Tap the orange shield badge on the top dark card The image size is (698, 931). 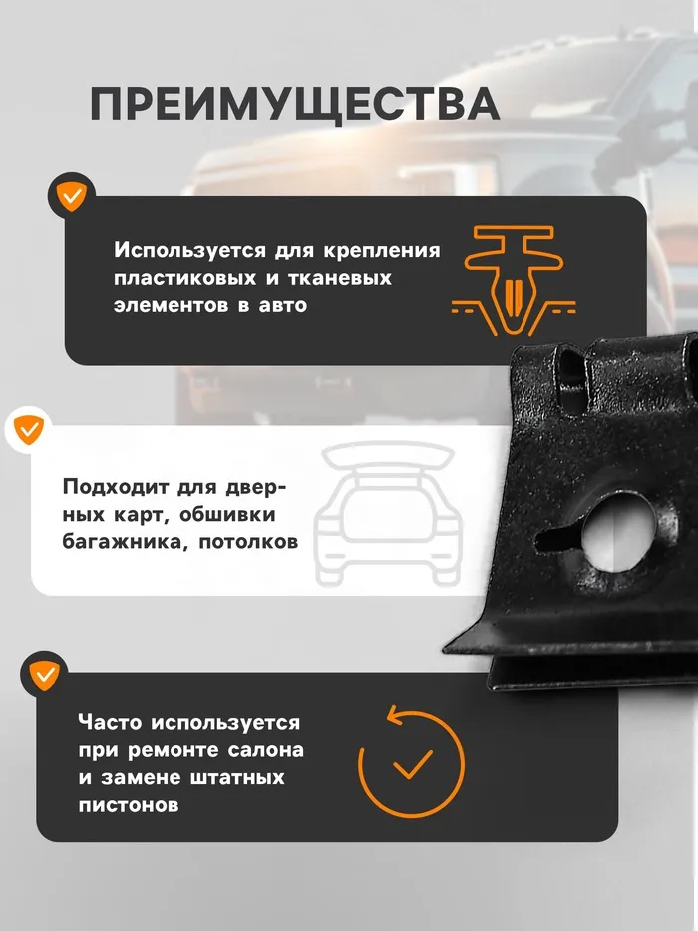tap(72, 196)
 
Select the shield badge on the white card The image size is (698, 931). tap(28, 429)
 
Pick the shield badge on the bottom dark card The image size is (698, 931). tap(44, 674)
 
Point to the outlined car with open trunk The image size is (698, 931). tap(388, 514)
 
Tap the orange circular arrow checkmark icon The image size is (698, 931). tap(411, 761)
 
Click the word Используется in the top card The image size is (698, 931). tap(189, 250)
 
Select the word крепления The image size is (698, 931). tap(382, 251)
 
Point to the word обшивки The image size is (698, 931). tap(227, 515)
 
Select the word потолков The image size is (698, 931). tap(248, 542)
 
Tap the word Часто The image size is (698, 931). tap(110, 722)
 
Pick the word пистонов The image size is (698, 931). tap(129, 805)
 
